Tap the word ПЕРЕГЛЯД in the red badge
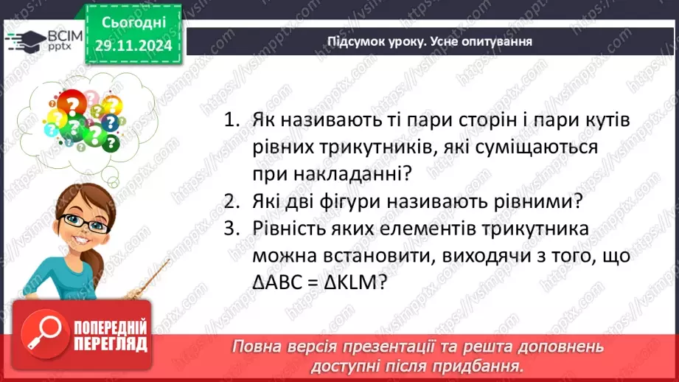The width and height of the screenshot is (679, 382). coord(111,344)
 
